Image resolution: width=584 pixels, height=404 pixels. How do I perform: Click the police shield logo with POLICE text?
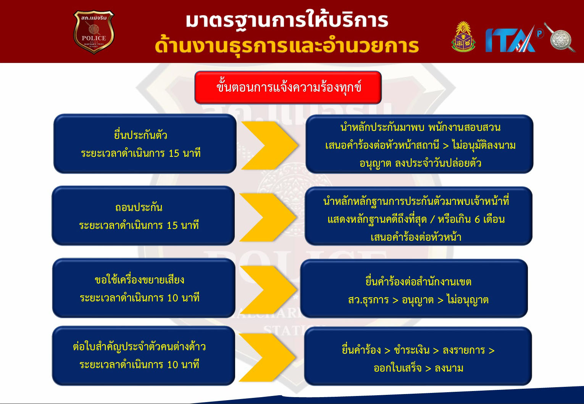(x=94, y=32)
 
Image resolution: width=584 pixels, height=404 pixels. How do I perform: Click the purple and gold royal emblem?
(x=463, y=37)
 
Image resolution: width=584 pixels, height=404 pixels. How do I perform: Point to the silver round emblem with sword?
(x=560, y=38)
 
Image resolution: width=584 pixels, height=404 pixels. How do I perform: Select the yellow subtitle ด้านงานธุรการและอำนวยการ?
(x=287, y=47)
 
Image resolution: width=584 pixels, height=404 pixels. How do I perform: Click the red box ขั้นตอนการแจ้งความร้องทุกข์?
(x=288, y=88)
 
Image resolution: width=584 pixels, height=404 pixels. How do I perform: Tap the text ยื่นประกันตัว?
(x=141, y=135)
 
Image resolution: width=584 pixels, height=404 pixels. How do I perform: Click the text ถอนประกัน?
(x=139, y=208)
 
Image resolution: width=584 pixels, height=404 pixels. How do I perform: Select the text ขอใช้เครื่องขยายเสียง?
(x=139, y=280)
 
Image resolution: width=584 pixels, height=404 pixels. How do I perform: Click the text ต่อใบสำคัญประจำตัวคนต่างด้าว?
(x=139, y=347)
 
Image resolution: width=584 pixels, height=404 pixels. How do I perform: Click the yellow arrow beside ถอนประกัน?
(x=268, y=217)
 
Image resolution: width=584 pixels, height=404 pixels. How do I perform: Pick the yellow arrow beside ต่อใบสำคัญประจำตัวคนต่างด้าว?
(x=267, y=357)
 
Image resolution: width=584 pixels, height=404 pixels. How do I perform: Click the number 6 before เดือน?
(x=477, y=220)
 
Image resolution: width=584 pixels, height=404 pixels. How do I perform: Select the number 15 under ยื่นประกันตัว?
(x=174, y=153)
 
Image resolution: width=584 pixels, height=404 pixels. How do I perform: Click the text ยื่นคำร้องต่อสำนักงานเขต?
(x=418, y=282)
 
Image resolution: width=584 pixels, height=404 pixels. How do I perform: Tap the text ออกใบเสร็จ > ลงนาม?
(x=418, y=368)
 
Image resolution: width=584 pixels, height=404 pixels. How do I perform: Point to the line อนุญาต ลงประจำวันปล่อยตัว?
(x=420, y=163)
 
